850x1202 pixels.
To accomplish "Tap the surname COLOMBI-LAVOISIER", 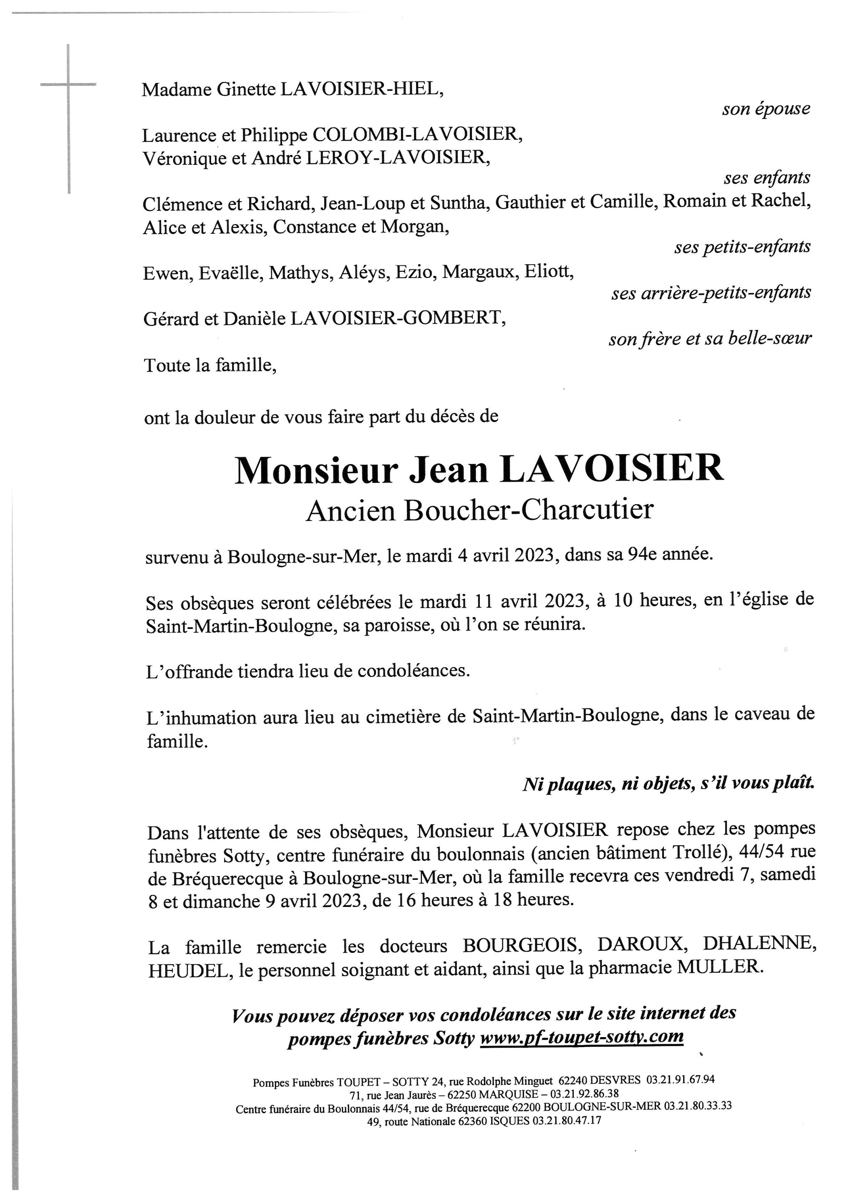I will tap(417, 135).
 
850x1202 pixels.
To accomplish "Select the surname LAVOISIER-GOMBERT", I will tap(398, 318).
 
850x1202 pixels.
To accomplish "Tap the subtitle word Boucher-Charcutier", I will tap(528, 510).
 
